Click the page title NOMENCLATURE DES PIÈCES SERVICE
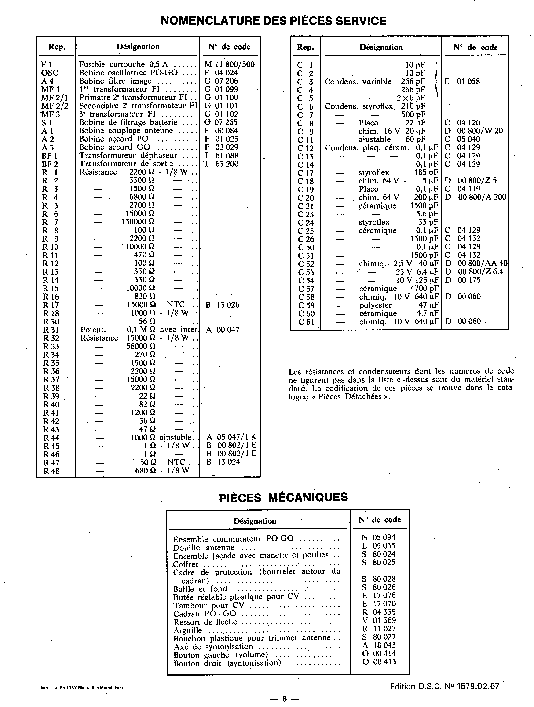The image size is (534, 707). [x=274, y=21]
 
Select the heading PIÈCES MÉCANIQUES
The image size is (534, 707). [x=283, y=497]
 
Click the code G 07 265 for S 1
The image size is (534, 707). [x=221, y=122]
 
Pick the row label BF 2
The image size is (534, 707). [x=50, y=164]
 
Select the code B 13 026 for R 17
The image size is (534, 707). [x=222, y=305]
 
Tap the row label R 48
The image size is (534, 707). [x=51, y=471]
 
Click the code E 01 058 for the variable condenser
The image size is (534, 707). [x=462, y=81]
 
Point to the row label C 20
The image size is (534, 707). [x=306, y=198]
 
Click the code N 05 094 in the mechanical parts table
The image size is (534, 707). [x=379, y=537]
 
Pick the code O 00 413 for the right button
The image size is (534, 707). [x=379, y=662]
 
